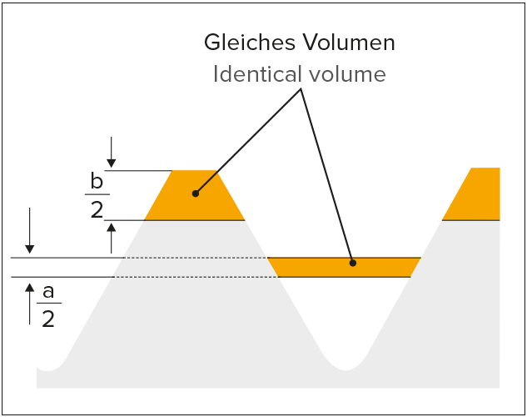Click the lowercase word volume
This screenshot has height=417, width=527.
coord(346,74)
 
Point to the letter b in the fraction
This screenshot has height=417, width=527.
coord(97,180)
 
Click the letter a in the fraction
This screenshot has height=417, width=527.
coord(48,291)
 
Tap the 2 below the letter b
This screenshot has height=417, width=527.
coord(97,208)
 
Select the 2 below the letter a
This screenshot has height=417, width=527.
coord(48,318)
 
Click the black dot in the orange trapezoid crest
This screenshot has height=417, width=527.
coord(195,193)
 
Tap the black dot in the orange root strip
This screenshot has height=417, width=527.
coord(353,264)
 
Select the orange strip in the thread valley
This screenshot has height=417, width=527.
coord(316,267)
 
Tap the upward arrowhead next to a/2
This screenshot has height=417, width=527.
coord(30,287)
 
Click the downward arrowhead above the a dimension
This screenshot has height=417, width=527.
coord(30,248)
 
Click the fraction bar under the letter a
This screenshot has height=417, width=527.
coord(48,304)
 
